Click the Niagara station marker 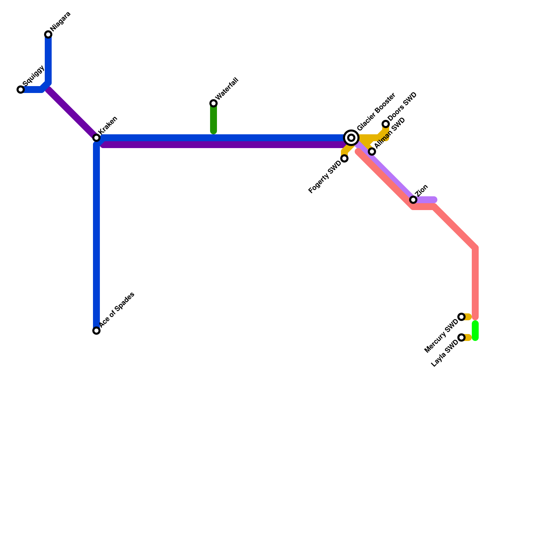click(x=48, y=34)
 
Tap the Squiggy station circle click(x=21, y=90)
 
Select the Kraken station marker click(x=96, y=138)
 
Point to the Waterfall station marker click(x=214, y=103)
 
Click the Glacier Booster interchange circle click(x=351, y=138)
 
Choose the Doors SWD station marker click(x=386, y=124)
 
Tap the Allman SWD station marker click(x=372, y=152)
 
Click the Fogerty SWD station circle click(x=344, y=158)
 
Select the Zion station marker click(x=413, y=200)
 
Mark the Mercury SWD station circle click(x=461, y=317)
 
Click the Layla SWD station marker click(x=461, y=337)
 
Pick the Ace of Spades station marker click(x=96, y=331)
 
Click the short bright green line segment click(x=475, y=331)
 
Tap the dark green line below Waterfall click(x=214, y=119)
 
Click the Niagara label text click(x=61, y=21)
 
